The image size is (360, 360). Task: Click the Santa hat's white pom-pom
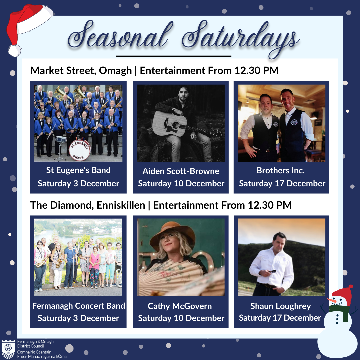(15, 51)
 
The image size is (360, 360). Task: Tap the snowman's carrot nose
(332, 300)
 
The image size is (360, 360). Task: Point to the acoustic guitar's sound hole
(176, 125)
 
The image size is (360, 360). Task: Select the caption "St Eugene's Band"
(78, 170)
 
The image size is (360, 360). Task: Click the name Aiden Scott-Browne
(181, 171)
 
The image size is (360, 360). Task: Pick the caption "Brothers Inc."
(281, 170)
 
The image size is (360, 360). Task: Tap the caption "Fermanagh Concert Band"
(79, 306)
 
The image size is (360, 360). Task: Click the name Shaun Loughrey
(281, 306)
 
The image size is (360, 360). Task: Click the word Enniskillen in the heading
(121, 205)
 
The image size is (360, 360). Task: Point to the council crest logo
(8, 349)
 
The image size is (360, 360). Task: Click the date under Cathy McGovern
(181, 318)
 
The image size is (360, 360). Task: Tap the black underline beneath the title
(174, 56)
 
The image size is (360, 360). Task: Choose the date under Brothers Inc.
(282, 183)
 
